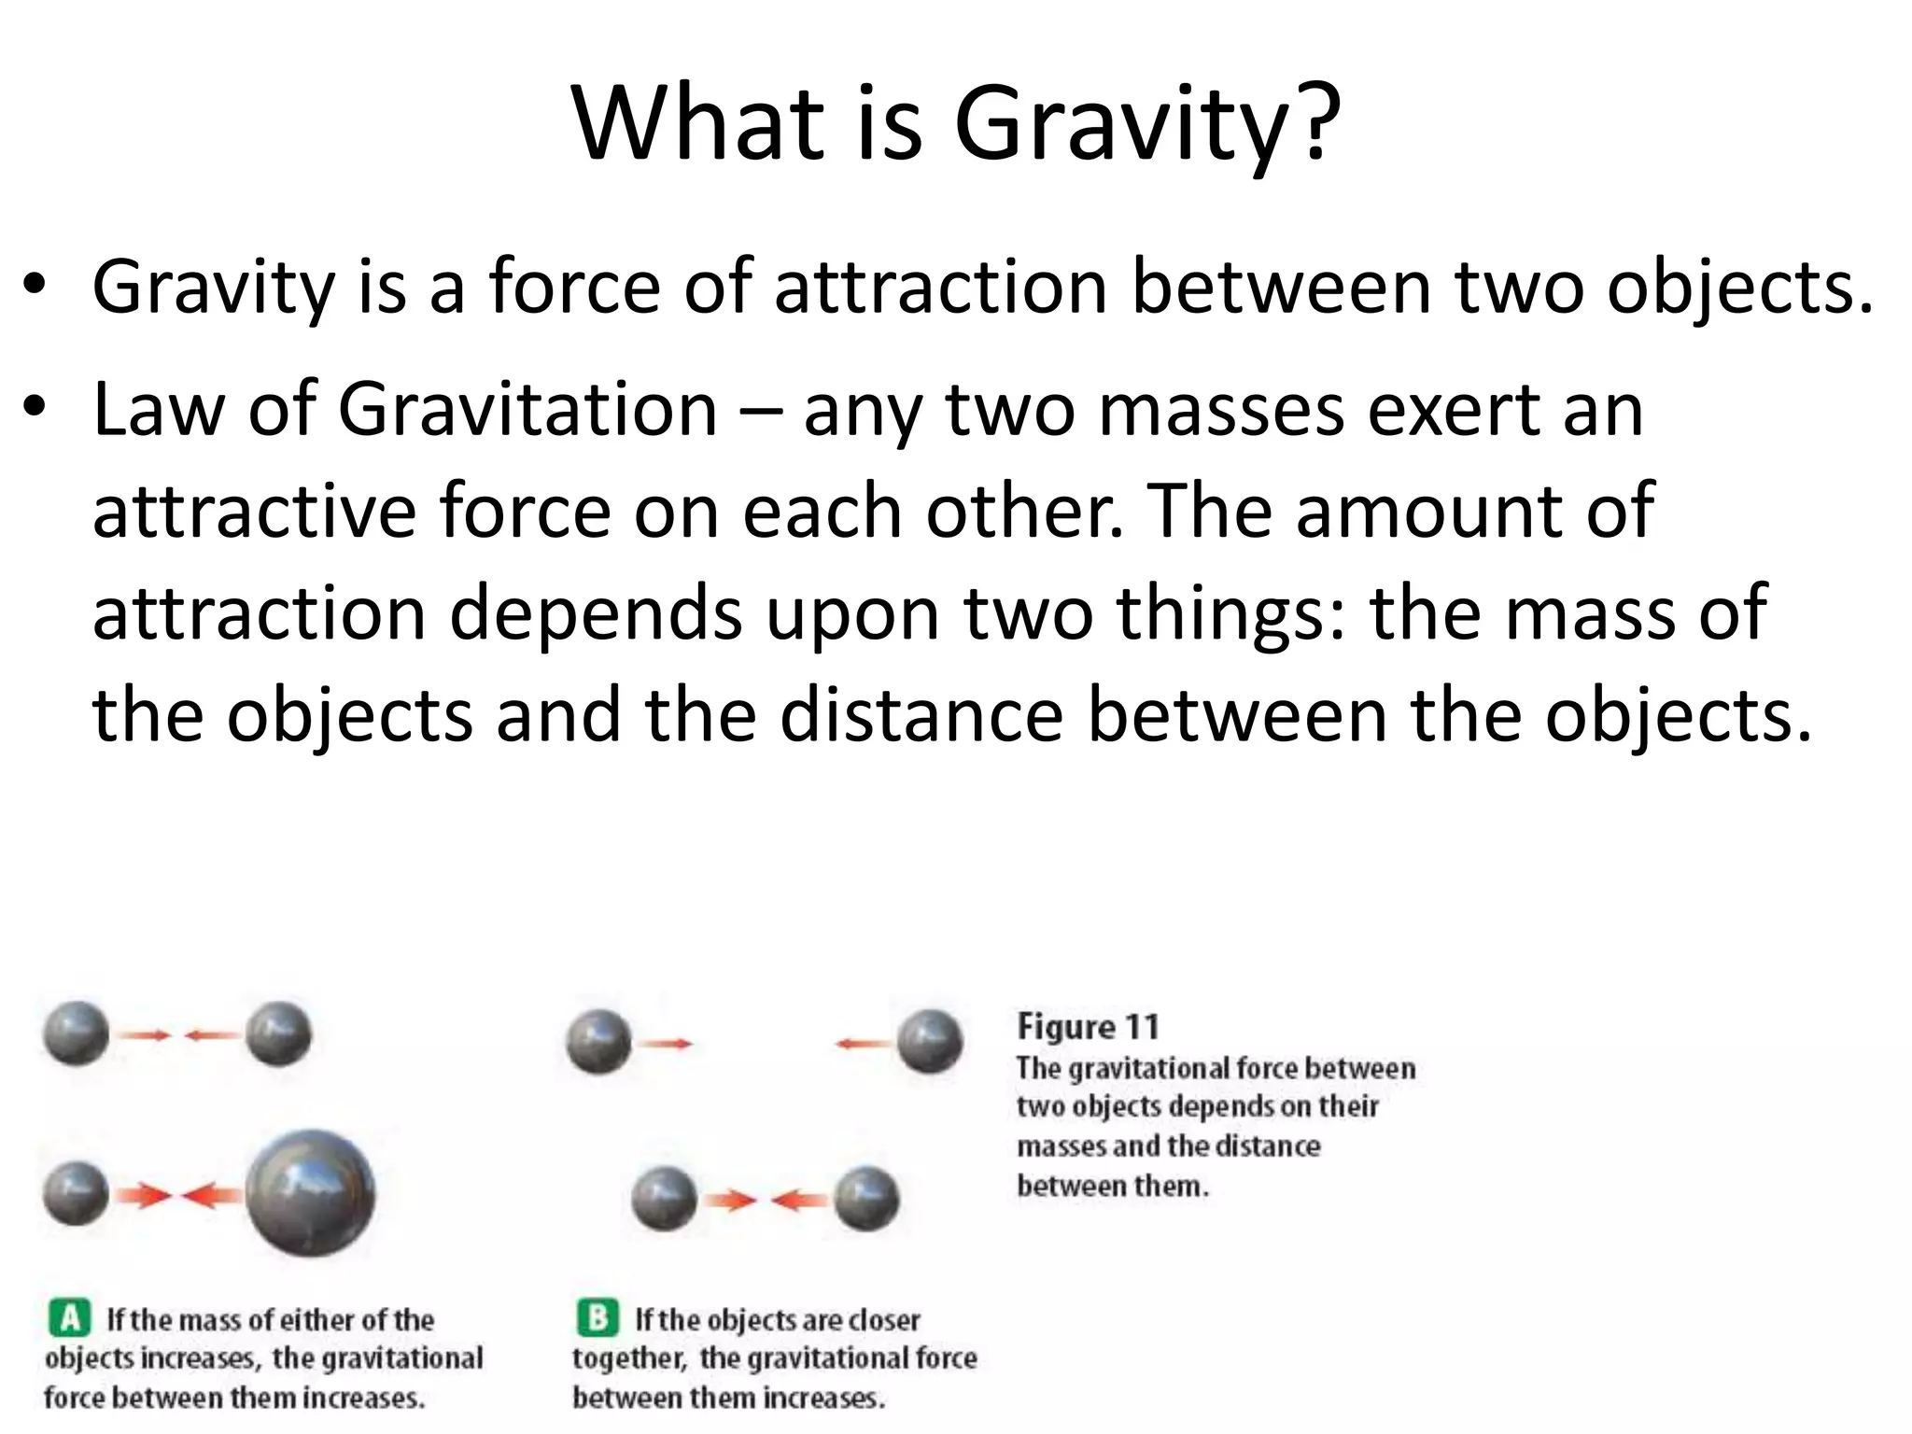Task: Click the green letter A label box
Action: (69, 1318)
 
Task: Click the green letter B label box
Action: (597, 1318)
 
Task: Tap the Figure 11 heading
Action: (1088, 1027)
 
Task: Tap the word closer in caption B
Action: (883, 1320)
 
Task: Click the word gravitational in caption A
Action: (377, 1358)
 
